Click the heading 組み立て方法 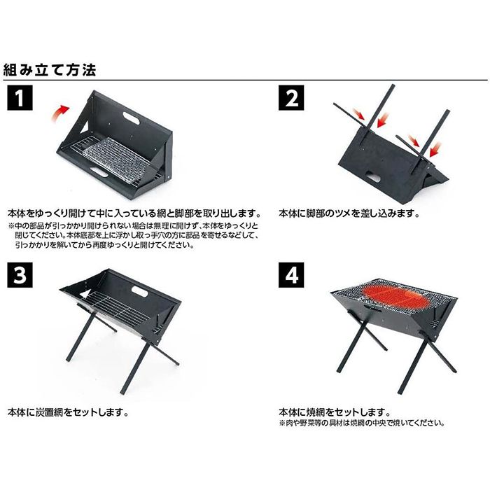(x=54, y=70)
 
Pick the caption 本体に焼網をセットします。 (x=335, y=413)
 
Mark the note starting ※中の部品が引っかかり (x=133, y=236)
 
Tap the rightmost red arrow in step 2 (x=434, y=148)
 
